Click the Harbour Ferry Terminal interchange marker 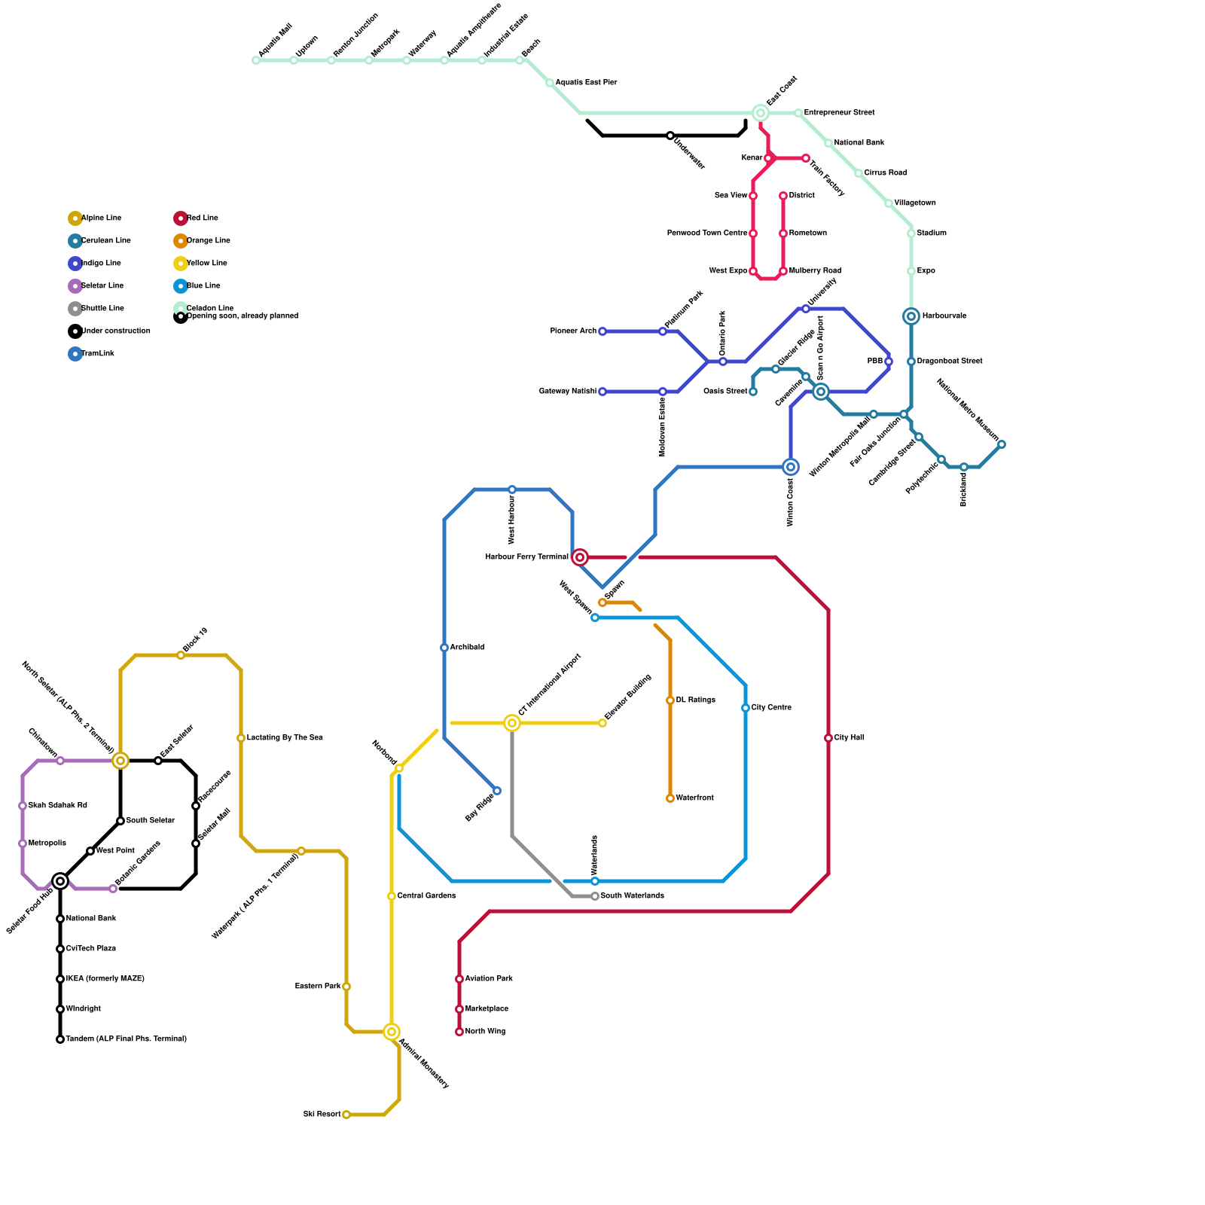(580, 557)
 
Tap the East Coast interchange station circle (761, 113)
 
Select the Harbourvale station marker (911, 316)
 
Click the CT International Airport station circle (512, 723)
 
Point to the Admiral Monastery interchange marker (392, 1032)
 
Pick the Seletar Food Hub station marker (60, 881)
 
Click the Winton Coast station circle (791, 467)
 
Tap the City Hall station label (849, 738)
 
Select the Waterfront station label (694, 798)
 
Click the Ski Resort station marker (346, 1115)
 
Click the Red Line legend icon (181, 218)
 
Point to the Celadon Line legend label (210, 309)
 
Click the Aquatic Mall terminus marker (256, 60)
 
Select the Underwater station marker (670, 136)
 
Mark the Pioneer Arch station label (573, 331)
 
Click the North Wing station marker (459, 1032)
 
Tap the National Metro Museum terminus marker (1002, 444)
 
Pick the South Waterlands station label (632, 896)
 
